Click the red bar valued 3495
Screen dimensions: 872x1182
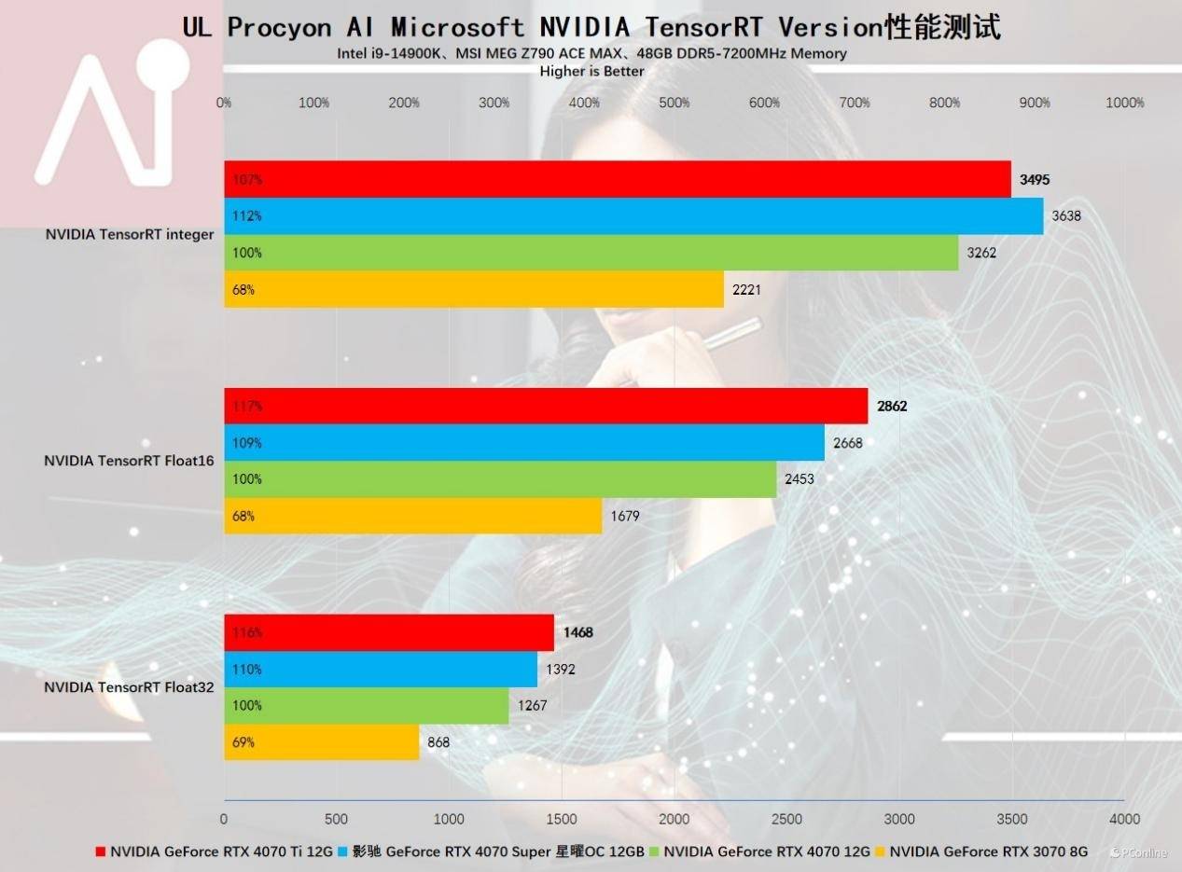617,179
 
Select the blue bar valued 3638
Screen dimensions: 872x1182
633,215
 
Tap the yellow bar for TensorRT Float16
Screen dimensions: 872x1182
412,516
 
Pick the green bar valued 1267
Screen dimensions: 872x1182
366,706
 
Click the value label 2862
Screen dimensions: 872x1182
892,406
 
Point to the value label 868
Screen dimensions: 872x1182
438,742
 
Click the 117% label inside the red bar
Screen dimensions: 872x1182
247,406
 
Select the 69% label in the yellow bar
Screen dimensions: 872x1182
243,742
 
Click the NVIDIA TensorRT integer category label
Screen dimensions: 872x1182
130,234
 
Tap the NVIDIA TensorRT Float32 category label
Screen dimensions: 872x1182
129,687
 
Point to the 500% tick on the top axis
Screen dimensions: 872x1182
674,103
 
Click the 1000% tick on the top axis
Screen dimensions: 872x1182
1124,103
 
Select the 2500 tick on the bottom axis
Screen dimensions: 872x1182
786,819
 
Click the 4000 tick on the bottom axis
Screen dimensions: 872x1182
1124,819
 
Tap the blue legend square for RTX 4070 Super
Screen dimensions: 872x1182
342,851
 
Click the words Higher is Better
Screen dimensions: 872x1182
591,71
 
